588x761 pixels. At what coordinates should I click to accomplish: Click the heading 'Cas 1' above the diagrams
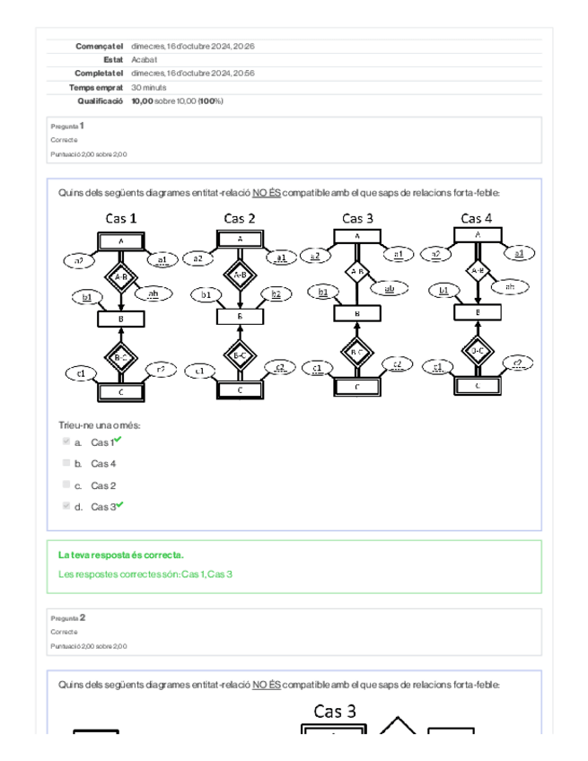(121, 218)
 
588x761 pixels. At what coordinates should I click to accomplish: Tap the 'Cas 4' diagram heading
(476, 218)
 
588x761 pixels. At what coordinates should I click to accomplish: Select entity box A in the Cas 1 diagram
(120, 241)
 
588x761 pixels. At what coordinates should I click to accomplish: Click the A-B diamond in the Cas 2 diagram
(240, 276)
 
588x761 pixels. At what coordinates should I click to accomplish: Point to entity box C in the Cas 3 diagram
(357, 387)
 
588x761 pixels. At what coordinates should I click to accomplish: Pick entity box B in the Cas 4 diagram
(477, 312)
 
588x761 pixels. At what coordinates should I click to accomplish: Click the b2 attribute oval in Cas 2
(276, 294)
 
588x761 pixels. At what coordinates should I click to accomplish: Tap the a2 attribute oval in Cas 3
(315, 256)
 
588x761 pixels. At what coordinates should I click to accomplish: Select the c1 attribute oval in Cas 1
(81, 373)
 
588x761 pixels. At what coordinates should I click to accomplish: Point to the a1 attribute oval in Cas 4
(518, 254)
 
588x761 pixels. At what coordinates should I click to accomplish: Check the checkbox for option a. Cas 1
(66, 442)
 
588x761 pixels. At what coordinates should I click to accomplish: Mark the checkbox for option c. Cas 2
(66, 485)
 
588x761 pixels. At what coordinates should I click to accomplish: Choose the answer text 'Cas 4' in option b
(103, 464)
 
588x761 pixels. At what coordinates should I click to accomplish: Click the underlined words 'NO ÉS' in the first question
(267, 193)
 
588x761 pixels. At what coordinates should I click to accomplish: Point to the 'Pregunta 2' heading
(69, 617)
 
